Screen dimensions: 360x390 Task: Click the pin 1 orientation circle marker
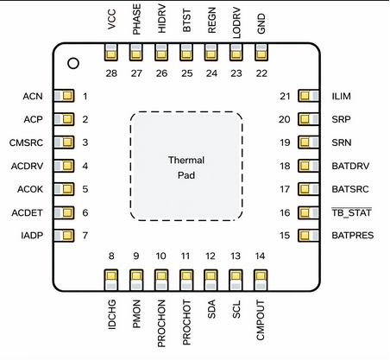tap(74, 63)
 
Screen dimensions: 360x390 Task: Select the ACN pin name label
tap(34, 95)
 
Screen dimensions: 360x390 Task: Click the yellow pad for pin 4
tap(63, 165)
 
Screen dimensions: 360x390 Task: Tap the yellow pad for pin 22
tap(261, 54)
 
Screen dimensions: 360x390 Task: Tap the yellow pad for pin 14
tap(261, 278)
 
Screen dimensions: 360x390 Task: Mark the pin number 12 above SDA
tap(211, 256)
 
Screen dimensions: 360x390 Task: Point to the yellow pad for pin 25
tap(186, 54)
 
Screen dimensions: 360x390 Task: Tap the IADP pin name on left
tap(34, 235)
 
